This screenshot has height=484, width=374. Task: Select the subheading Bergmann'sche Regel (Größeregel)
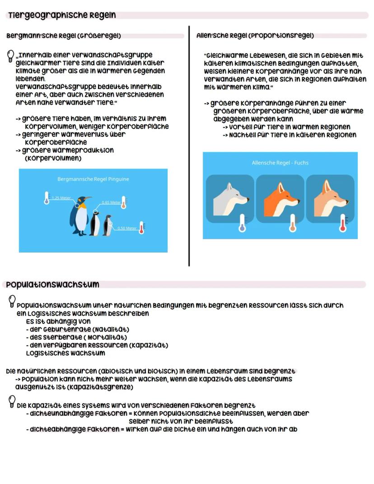point(63,36)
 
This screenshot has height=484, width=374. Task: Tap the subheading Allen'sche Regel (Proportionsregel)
point(255,36)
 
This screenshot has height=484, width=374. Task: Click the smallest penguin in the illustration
point(108,226)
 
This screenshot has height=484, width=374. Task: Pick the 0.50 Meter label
point(126,228)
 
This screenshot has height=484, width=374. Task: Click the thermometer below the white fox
point(242,223)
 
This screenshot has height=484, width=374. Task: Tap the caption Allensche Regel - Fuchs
point(280,163)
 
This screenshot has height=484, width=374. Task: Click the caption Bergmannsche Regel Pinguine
point(93,179)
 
